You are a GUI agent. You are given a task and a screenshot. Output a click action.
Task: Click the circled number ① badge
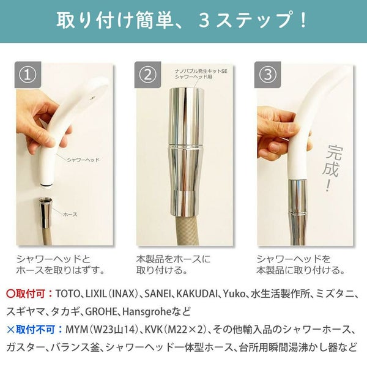(x=28, y=75)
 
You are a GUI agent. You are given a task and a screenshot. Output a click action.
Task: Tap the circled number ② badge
(x=147, y=75)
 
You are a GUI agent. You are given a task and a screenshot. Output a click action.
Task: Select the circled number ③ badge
(x=267, y=75)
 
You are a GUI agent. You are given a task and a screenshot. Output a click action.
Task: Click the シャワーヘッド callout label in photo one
(x=83, y=160)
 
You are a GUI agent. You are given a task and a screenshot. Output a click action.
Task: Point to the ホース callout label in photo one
(x=70, y=214)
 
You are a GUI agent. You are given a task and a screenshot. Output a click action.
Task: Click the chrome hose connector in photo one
(x=45, y=212)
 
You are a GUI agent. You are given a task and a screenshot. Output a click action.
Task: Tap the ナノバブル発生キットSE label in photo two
(x=201, y=71)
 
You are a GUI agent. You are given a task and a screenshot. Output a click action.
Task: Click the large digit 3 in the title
(x=204, y=21)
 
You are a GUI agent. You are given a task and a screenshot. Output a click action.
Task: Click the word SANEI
(x=158, y=294)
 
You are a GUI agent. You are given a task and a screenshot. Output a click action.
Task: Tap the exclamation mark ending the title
(x=303, y=21)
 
